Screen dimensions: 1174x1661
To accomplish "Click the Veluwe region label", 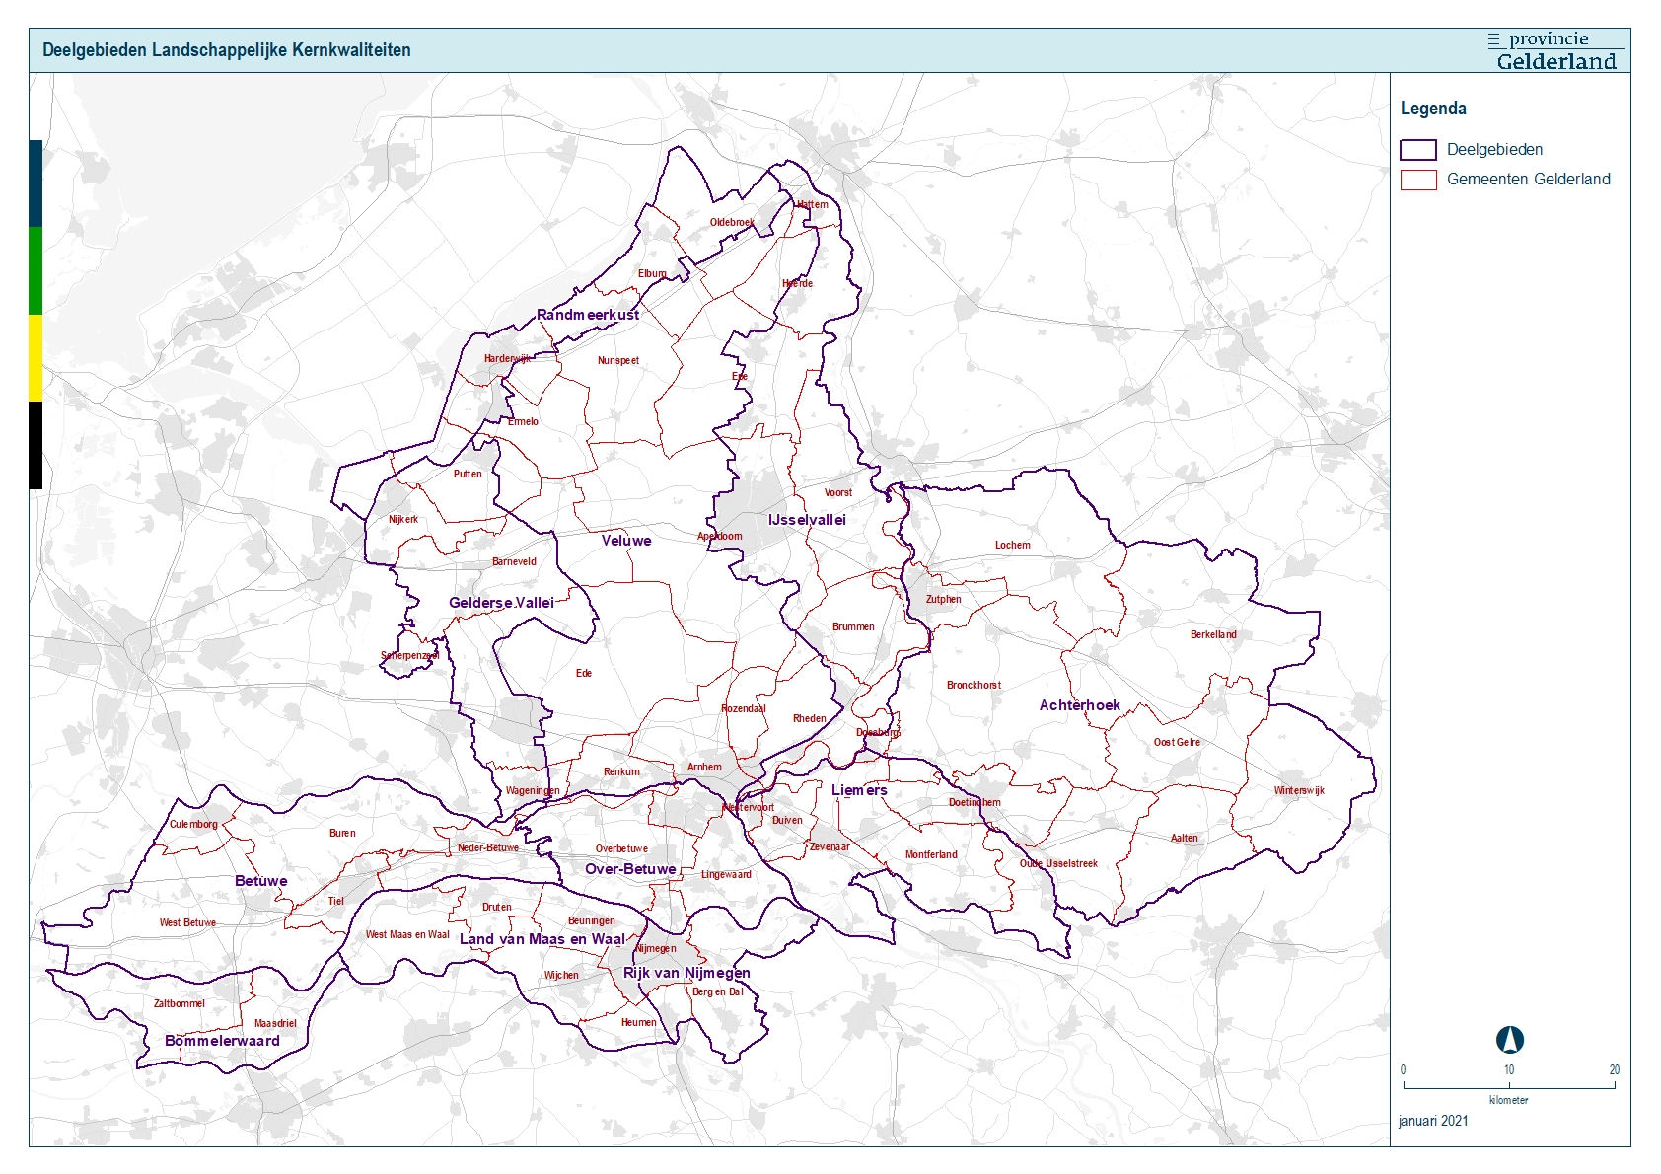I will [626, 541].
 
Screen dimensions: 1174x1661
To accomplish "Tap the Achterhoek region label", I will [1079, 705].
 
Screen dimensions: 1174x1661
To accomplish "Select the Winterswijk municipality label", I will [1298, 790].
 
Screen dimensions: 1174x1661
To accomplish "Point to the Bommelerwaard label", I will [222, 1041].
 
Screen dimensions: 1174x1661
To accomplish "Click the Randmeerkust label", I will [588, 315].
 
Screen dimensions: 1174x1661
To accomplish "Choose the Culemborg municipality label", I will [193, 824].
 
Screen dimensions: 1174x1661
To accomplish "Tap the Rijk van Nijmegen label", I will [686, 973].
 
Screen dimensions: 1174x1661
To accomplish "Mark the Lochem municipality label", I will [1012, 545].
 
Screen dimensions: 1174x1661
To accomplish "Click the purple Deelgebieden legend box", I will [1417, 150].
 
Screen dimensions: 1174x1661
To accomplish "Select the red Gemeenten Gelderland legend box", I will [1417, 180].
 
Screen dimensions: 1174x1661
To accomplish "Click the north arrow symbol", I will [1509, 1040].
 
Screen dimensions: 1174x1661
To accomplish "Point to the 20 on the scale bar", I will [1614, 1069].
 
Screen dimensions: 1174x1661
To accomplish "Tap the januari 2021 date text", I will [1432, 1121].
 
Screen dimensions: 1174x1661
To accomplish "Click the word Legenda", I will [1432, 109].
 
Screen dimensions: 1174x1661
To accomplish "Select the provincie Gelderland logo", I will [1555, 51].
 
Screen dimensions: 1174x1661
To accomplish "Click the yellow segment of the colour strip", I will [36, 357].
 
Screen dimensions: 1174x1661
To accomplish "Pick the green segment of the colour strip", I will [36, 270].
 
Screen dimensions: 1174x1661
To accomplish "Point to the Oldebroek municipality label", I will [732, 222].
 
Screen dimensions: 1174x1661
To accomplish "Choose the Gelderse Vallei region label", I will [501, 603].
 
